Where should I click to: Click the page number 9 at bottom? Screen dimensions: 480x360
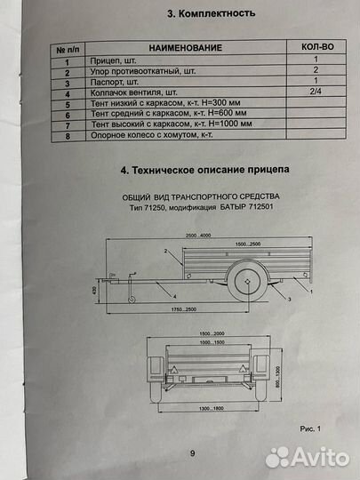click(x=193, y=453)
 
